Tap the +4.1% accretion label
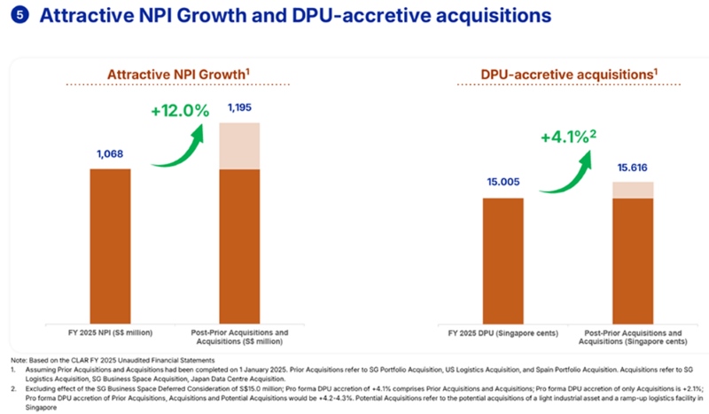(565, 139)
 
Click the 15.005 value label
(503, 184)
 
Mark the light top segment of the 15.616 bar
(632, 190)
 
